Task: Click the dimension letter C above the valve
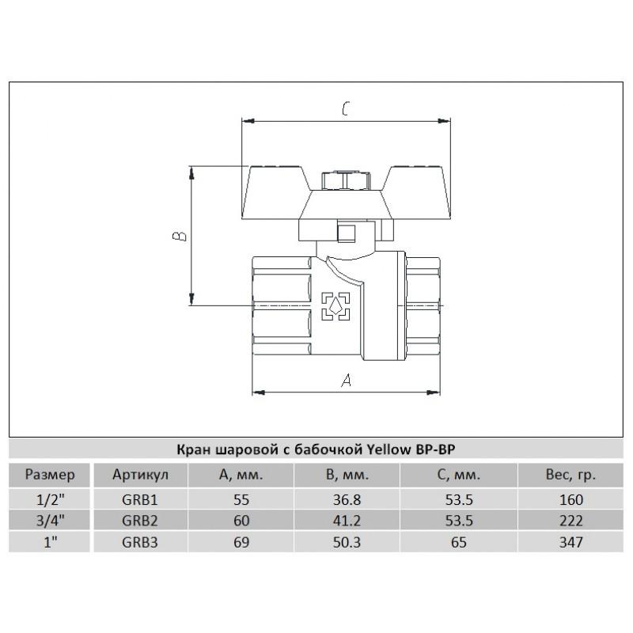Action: click(346, 108)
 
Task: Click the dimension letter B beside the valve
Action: click(180, 236)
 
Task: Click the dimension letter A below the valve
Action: click(347, 380)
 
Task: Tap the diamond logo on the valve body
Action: click(335, 306)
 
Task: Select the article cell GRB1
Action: click(140, 500)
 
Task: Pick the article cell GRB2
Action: click(140, 521)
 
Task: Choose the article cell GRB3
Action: click(140, 542)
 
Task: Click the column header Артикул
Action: click(140, 475)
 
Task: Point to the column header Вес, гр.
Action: click(570, 476)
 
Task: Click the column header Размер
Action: click(50, 476)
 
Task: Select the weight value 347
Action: click(570, 542)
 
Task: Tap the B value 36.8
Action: click(347, 500)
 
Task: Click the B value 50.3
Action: click(347, 542)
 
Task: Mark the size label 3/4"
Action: click(51, 521)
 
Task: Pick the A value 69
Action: click(241, 542)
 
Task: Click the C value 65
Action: click(459, 542)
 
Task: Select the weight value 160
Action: click(570, 500)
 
